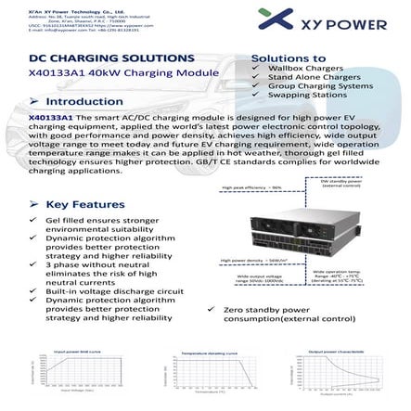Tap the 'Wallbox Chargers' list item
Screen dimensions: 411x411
point(301,69)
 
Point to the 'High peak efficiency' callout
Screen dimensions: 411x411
point(251,188)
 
